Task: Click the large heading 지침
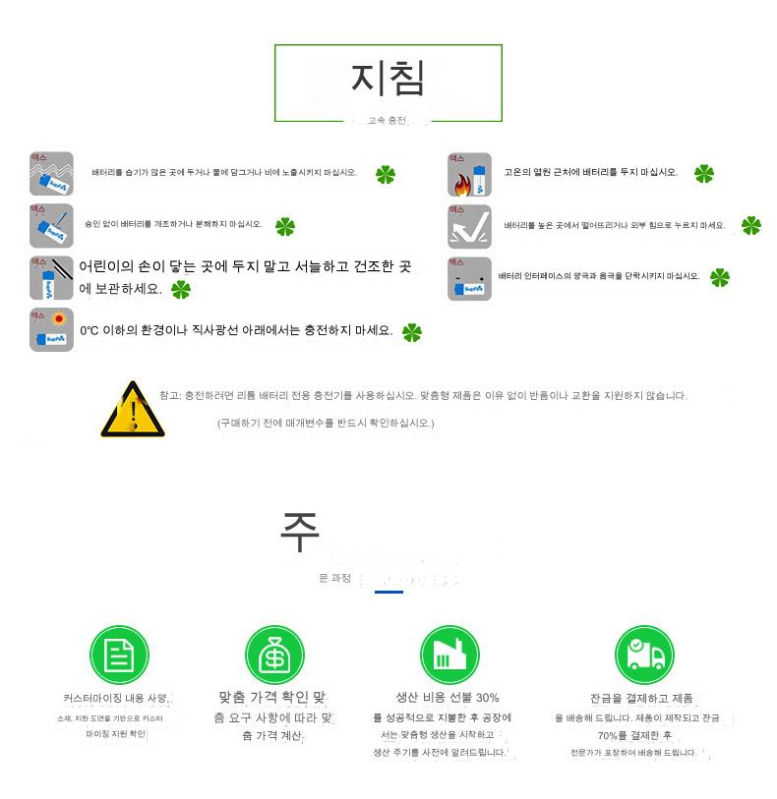388,80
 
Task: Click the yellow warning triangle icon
132,410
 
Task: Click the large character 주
300,532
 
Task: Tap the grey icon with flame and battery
469,174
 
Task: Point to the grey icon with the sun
51,330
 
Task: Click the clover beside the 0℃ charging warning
411,332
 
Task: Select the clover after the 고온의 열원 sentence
703,174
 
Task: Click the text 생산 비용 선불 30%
448,698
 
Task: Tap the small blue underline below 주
388,592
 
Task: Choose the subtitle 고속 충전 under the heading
386,121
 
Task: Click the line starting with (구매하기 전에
326,423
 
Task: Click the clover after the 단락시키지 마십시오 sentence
719,277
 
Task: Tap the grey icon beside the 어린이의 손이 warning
51,278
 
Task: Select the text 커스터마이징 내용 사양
116,698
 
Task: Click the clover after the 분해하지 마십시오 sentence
284,227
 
